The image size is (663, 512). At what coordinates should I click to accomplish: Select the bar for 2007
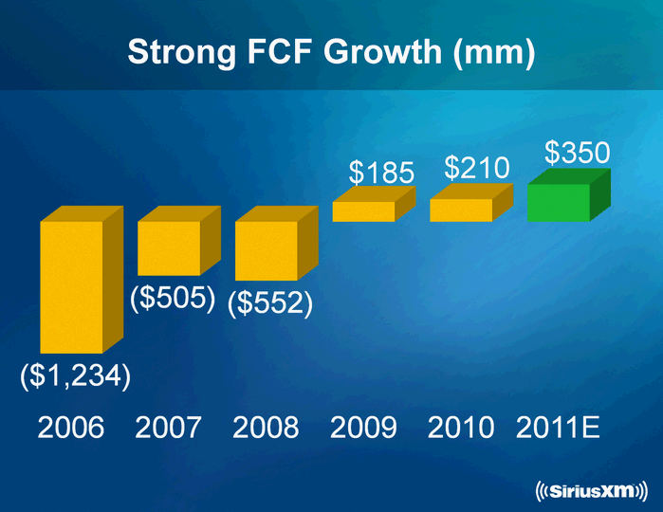click(x=170, y=247)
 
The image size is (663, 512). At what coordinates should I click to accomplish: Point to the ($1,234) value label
click(x=75, y=375)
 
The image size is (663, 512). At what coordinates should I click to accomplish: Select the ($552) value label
click(x=270, y=303)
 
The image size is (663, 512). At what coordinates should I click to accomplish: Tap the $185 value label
click(x=381, y=173)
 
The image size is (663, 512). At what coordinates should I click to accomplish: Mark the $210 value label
click(x=478, y=168)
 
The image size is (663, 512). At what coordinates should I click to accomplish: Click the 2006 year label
click(x=71, y=429)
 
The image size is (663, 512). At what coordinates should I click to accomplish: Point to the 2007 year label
click(x=169, y=429)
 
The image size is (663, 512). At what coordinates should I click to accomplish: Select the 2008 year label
click(x=266, y=429)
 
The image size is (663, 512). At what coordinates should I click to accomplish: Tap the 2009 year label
click(x=363, y=429)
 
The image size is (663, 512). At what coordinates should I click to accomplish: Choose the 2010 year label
click(x=461, y=429)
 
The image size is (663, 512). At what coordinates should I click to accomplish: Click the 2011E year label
click(x=559, y=429)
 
